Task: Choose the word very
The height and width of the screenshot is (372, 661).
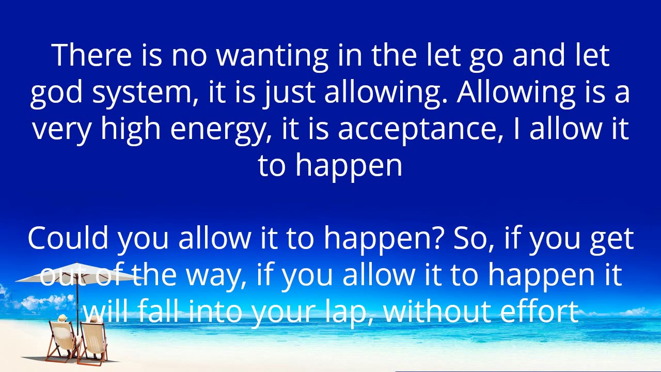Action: [x=62, y=129]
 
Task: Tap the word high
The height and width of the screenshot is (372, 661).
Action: [x=131, y=129]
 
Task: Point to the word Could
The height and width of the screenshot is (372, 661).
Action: [x=68, y=238]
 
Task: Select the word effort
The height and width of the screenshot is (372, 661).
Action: [x=539, y=312]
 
